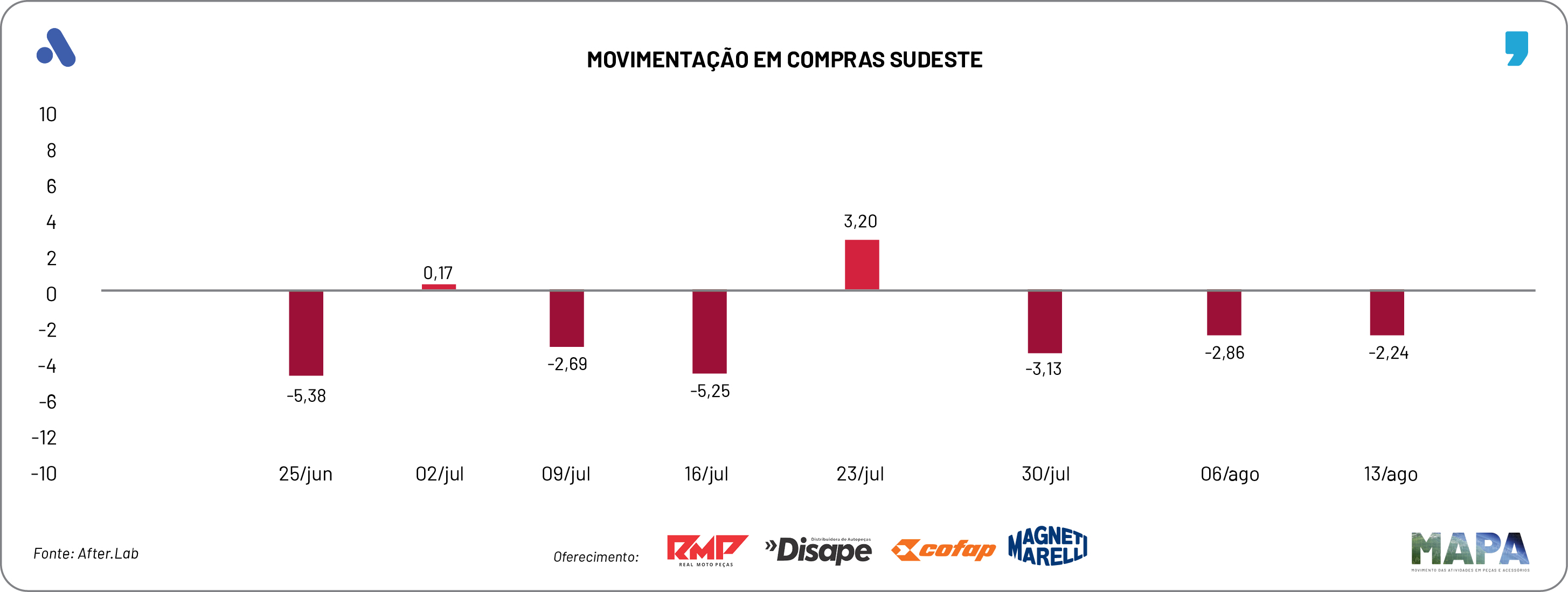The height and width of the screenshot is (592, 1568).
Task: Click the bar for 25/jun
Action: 306,333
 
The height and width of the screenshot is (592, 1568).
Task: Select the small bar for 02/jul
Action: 439,287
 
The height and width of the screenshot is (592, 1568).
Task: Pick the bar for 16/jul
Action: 709,332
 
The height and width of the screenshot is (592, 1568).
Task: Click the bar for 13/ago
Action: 1386,313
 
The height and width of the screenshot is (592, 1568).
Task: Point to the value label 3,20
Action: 860,221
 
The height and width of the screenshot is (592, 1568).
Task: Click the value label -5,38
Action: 306,396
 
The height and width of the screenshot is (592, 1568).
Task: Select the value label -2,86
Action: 1224,353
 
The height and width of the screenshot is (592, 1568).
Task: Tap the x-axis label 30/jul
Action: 1045,474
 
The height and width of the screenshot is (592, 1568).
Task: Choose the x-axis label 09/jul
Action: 566,474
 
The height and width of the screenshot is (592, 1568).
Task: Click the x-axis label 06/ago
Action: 1230,474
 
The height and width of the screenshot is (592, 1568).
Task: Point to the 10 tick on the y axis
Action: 47,114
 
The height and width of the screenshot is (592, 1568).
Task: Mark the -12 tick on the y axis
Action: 44,437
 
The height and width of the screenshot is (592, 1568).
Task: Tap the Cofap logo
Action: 943,550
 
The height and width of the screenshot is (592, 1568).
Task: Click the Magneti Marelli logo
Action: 1047,546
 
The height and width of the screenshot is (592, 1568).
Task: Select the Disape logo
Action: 818,550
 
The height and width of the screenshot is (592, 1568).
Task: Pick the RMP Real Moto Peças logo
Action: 707,550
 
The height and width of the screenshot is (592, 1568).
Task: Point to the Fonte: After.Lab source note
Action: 86,554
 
